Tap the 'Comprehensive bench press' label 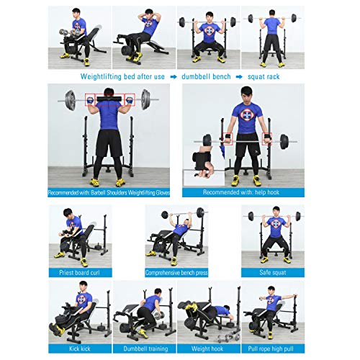coord(176,273)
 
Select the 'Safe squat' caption coord(273,273)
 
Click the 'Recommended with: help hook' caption coord(243,192)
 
